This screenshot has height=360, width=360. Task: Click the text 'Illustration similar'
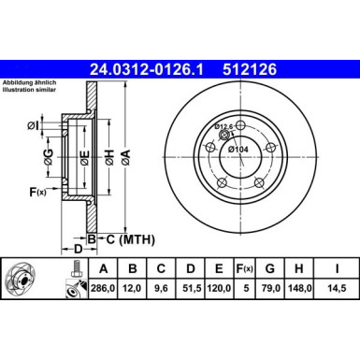coord(27,92)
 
